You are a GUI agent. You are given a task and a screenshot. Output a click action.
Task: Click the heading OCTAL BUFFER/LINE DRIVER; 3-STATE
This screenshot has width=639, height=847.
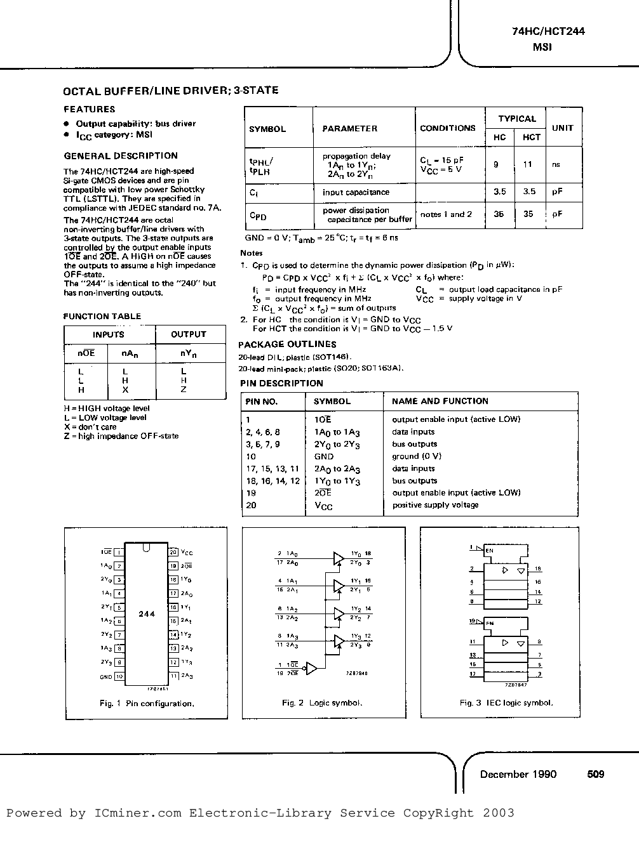pyautogui.click(x=171, y=91)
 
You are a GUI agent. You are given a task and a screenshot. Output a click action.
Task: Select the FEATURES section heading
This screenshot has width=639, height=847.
pyautogui.click(x=90, y=109)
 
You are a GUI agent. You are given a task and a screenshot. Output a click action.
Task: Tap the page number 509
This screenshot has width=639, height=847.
pyautogui.click(x=595, y=774)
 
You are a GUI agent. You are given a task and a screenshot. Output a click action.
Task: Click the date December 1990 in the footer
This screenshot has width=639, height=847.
pyautogui.click(x=518, y=774)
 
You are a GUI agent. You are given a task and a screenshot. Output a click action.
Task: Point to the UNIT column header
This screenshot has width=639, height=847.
pyautogui.click(x=562, y=128)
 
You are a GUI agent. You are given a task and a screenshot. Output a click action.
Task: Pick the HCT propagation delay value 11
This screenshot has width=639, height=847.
pyautogui.click(x=527, y=164)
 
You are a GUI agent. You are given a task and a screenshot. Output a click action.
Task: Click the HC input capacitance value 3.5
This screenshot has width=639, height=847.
pyautogui.click(x=499, y=192)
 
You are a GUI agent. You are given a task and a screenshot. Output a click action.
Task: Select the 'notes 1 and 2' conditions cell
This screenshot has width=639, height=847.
pyautogui.click(x=447, y=214)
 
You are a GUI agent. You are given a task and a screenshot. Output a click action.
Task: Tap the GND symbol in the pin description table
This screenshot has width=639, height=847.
pyautogui.click(x=323, y=456)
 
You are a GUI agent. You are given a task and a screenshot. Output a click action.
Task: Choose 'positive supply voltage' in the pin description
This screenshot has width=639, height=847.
pyautogui.click(x=435, y=505)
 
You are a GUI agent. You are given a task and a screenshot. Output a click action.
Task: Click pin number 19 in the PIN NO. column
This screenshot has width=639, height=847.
pyautogui.click(x=251, y=493)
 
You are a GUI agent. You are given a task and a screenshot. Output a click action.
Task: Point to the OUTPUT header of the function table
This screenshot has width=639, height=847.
pyautogui.click(x=189, y=334)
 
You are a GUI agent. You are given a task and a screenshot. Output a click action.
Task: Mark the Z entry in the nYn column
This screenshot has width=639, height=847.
pyautogui.click(x=184, y=390)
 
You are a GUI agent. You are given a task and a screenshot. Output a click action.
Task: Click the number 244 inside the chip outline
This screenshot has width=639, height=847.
pyautogui.click(x=146, y=614)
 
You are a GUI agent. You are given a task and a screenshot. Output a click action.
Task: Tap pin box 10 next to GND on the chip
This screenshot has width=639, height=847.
pyautogui.click(x=119, y=677)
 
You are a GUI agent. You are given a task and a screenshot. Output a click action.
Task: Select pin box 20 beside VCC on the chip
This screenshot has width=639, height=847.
pyautogui.click(x=173, y=553)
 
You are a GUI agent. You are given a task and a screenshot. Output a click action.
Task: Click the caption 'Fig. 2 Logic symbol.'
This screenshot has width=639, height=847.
pyautogui.click(x=322, y=703)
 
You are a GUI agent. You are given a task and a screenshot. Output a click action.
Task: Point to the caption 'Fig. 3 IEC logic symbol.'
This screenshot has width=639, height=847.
pyautogui.click(x=506, y=703)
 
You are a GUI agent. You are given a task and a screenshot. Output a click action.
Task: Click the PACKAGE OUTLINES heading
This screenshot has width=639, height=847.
pyautogui.click(x=288, y=345)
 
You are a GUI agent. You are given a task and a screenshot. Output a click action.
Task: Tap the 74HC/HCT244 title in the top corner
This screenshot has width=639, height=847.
pyautogui.click(x=548, y=31)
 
